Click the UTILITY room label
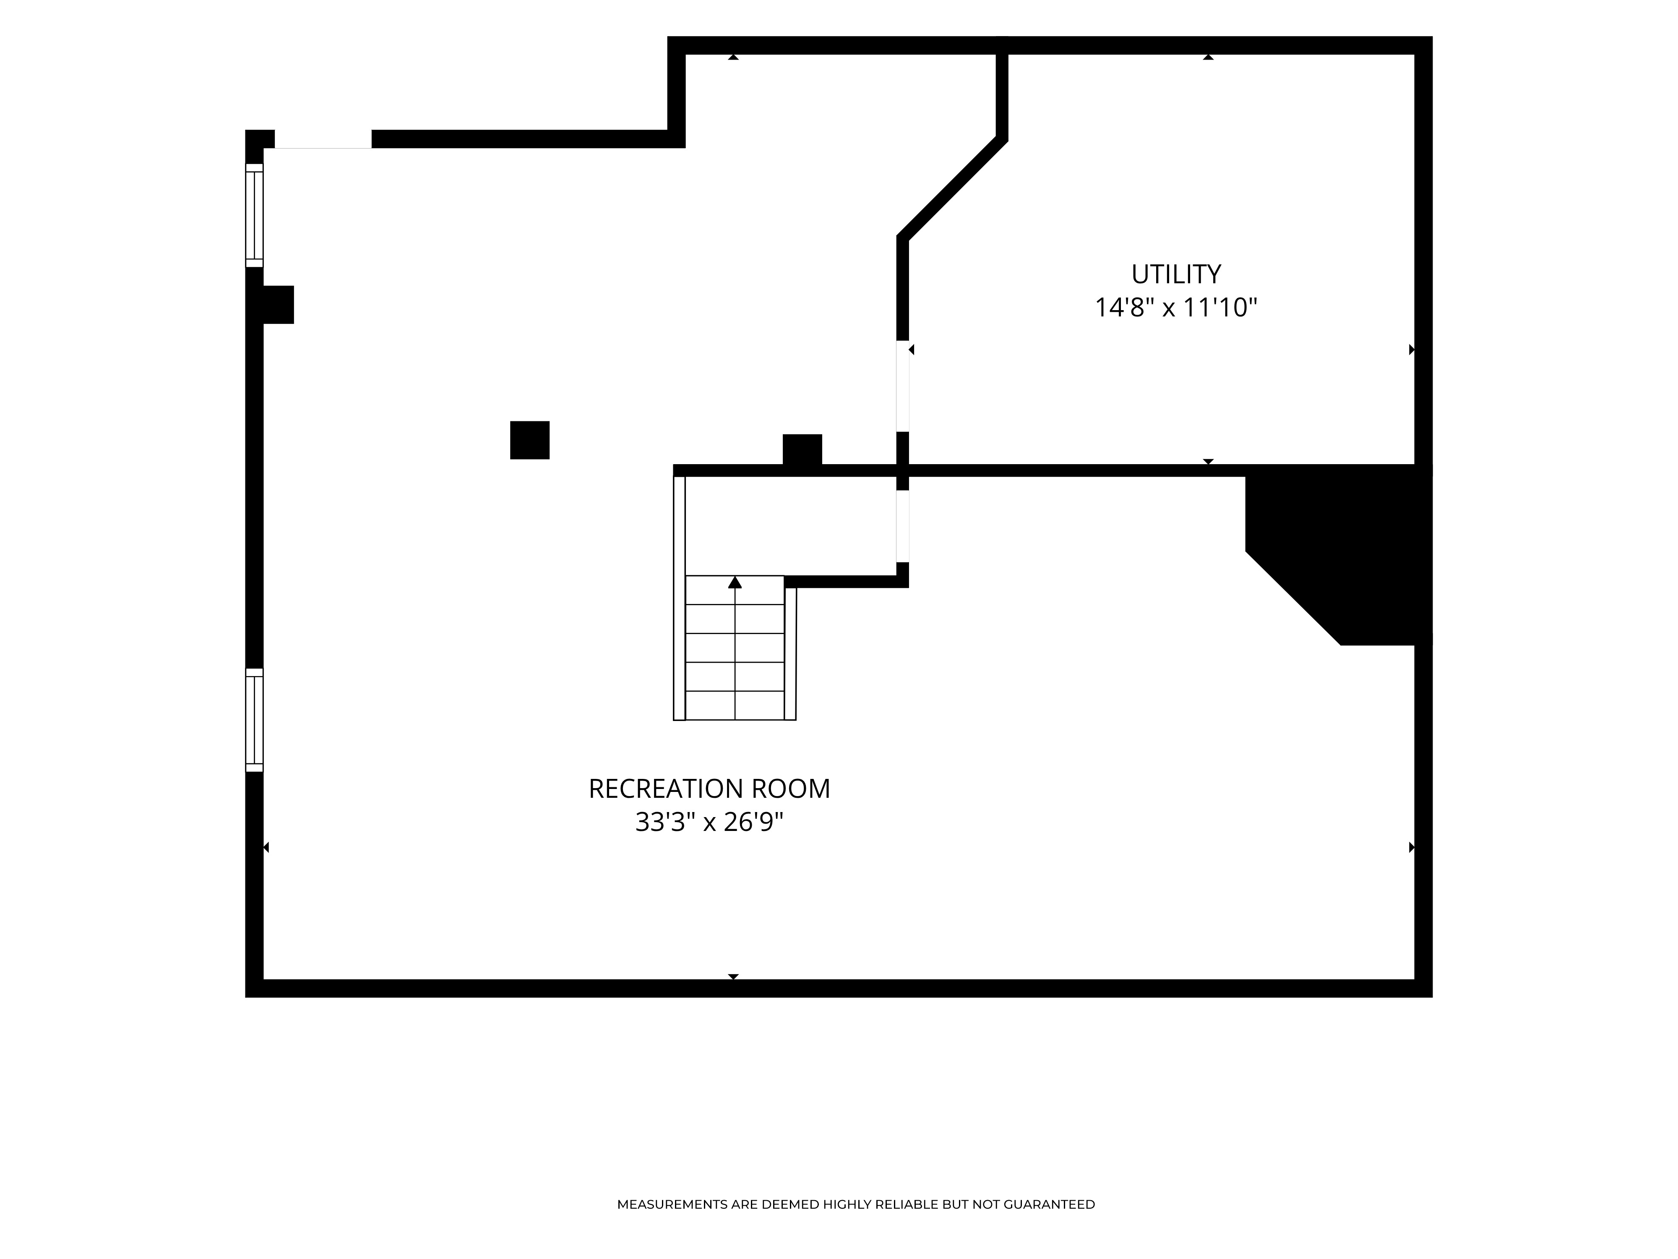tap(1176, 274)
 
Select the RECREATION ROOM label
tap(709, 789)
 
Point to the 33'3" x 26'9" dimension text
tap(709, 822)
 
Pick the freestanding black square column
tap(529, 440)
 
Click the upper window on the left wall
tap(254, 216)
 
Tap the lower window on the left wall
tap(254, 720)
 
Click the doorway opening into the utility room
tap(903, 386)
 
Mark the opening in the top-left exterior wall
tap(323, 139)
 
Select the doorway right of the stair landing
tap(903, 526)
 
